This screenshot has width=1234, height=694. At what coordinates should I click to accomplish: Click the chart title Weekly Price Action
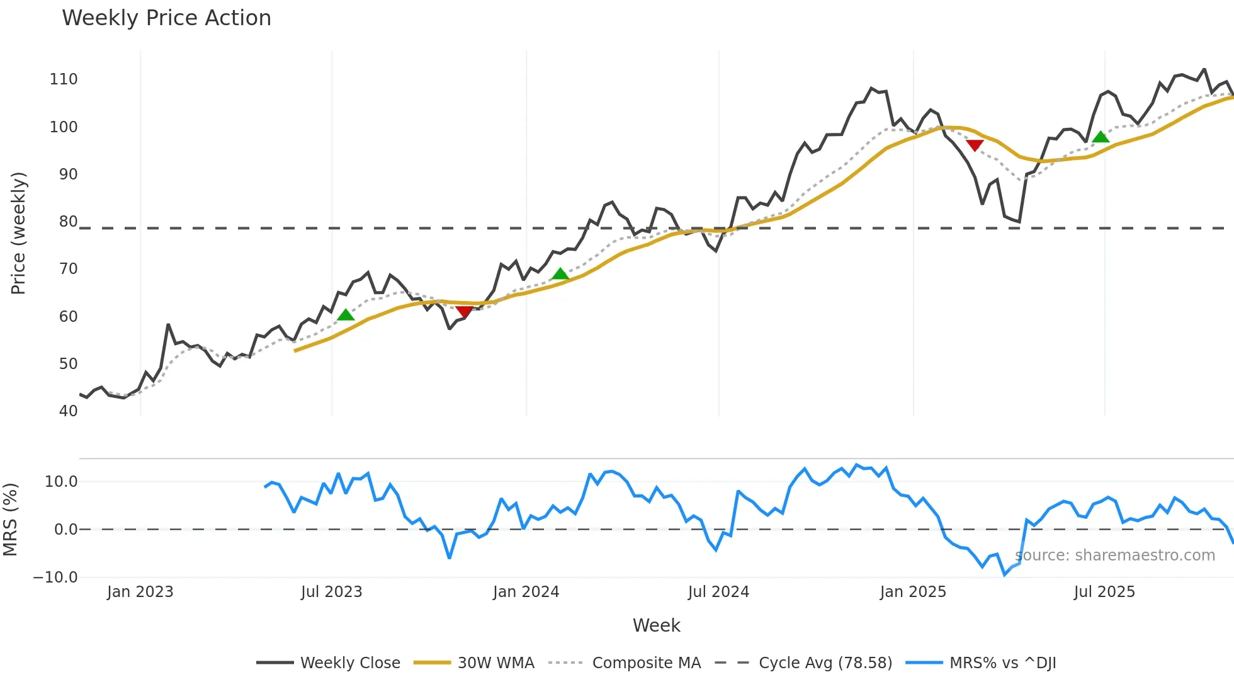(166, 18)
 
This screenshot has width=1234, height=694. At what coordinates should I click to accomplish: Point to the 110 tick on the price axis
(64, 79)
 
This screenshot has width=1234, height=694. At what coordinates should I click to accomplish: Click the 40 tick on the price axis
(68, 411)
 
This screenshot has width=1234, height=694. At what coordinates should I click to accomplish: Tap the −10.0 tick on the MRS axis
(55, 577)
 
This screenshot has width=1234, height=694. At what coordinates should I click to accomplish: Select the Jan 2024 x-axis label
(526, 592)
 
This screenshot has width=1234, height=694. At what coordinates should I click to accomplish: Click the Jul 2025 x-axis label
(1104, 592)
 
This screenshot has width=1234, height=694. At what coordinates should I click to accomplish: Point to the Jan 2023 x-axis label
(140, 592)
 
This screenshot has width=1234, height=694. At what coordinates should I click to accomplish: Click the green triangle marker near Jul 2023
(346, 315)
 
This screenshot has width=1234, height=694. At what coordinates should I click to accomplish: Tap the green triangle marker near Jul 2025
(1101, 137)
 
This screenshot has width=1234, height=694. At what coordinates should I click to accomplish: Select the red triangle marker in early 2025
(975, 145)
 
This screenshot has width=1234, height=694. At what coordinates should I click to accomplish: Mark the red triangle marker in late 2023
(464, 312)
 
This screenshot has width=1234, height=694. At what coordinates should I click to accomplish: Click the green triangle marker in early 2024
(560, 274)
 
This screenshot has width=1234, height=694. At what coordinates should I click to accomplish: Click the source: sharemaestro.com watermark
(1114, 555)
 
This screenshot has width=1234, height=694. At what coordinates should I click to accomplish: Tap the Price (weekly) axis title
(18, 233)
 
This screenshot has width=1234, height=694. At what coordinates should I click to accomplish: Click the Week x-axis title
(656, 625)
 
